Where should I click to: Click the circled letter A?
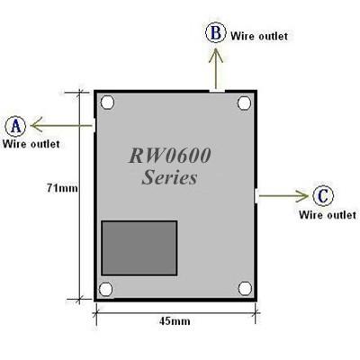[15, 125]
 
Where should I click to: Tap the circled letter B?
[216, 33]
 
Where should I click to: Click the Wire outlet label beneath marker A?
[31, 143]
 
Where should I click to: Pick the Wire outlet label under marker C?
[327, 215]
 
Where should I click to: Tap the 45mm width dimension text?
[174, 320]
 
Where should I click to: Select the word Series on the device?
[169, 177]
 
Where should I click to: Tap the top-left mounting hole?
[107, 103]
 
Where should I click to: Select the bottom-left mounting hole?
[107, 289]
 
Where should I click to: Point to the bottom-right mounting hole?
[243, 289]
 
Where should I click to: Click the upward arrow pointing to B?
[216, 67]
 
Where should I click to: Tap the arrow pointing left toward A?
[63, 125]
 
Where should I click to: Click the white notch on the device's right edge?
[256, 195]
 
